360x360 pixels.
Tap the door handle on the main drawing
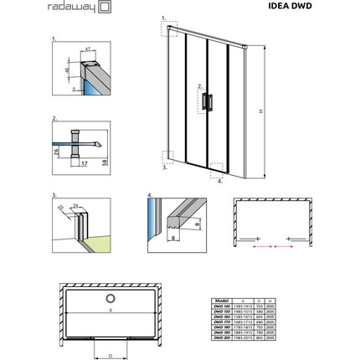[x=207, y=101]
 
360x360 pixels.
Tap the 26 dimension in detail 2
[x=57, y=152]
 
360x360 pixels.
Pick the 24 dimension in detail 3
[x=75, y=206]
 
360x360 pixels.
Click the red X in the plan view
[x=110, y=311]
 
